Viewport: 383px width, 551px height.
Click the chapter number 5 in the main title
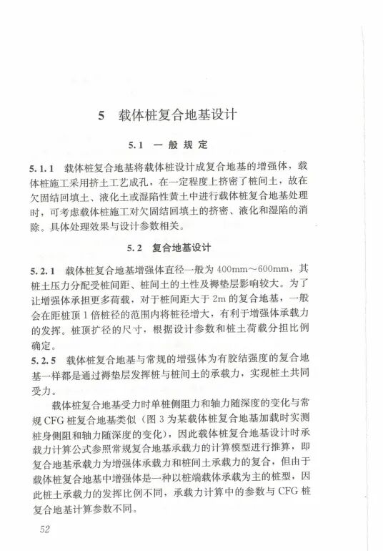point(101,114)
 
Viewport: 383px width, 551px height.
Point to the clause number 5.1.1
point(42,167)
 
